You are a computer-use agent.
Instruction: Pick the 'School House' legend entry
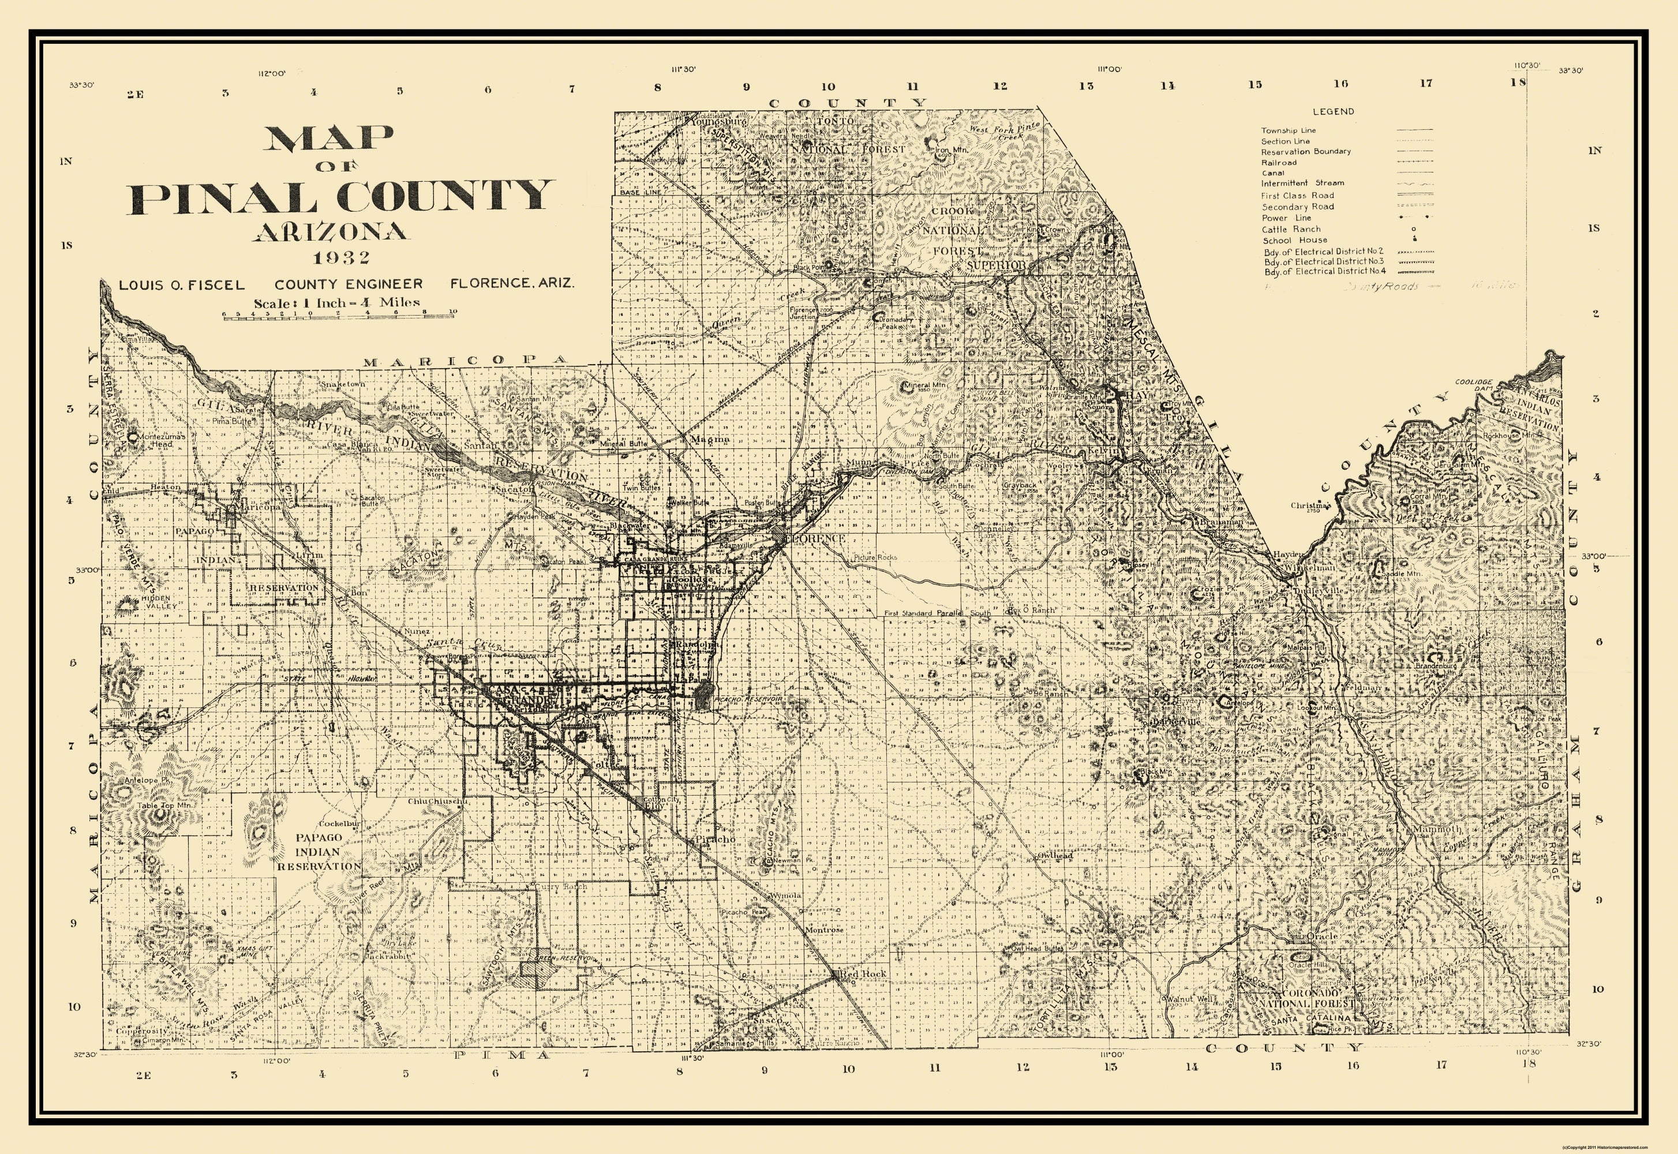point(1295,240)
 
